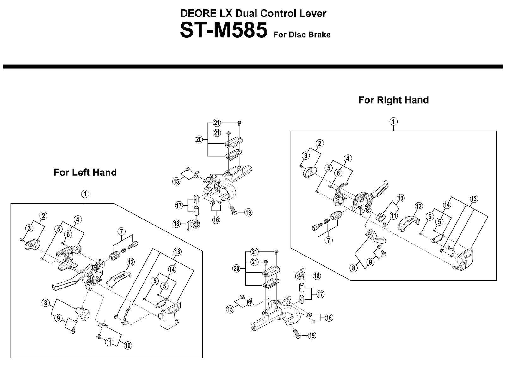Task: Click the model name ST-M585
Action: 223,30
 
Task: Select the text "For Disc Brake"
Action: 302,35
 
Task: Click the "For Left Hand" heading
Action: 85,173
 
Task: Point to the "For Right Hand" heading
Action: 393,100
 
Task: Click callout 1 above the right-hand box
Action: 393,122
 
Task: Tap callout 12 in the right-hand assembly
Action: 418,206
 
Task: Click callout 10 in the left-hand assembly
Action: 128,345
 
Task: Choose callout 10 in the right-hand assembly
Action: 400,199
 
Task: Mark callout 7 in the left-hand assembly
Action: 121,231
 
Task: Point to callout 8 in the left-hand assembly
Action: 46,303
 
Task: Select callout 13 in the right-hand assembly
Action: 474,199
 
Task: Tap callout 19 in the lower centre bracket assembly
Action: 312,335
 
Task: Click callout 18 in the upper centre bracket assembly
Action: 176,224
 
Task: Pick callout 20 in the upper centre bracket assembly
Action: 199,139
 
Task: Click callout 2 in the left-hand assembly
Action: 43,216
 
